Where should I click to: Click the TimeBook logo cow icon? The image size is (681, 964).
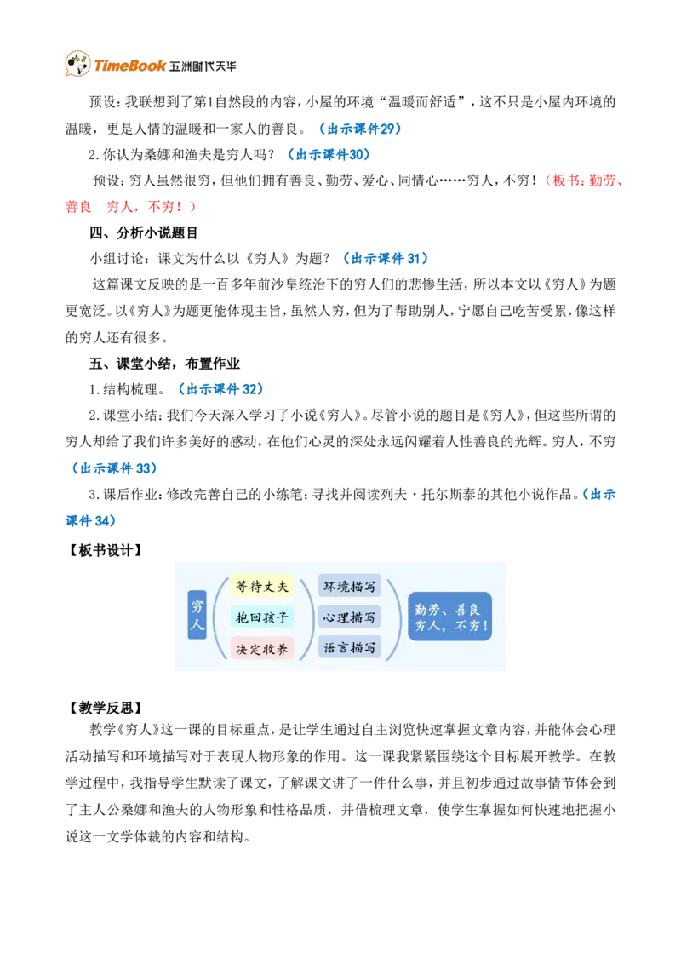(x=78, y=64)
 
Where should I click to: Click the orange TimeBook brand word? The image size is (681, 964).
(x=129, y=66)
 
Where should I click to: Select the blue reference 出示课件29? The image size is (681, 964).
(x=360, y=129)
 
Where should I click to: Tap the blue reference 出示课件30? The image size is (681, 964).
(x=329, y=154)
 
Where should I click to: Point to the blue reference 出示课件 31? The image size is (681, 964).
(x=386, y=258)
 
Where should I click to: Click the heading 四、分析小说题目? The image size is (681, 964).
(x=143, y=232)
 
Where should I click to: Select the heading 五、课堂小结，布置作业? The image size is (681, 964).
(x=164, y=364)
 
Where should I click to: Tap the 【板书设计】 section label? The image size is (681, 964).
(x=104, y=550)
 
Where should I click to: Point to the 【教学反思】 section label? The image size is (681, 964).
(x=104, y=708)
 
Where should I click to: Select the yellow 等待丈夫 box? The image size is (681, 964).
(x=262, y=587)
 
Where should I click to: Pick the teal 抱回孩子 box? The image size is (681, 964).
(x=262, y=617)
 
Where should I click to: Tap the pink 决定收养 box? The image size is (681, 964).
(x=262, y=649)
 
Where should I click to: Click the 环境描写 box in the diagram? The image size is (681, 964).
(x=350, y=587)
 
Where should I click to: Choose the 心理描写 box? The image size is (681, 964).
(x=350, y=617)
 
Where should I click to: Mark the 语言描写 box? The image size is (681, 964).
(x=350, y=647)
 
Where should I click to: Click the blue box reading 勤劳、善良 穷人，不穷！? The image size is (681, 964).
(x=450, y=617)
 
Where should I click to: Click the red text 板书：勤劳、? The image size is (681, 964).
(x=587, y=181)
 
